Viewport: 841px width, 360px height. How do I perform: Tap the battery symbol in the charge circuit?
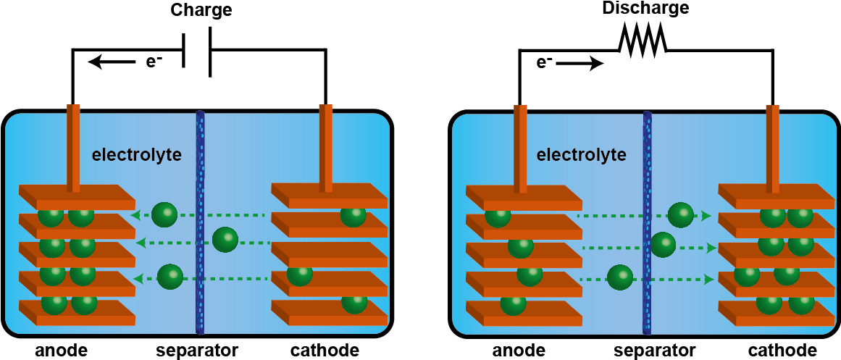coord(197,51)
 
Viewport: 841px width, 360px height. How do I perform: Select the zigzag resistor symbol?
coord(642,40)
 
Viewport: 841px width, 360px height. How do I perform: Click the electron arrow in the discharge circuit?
coord(580,64)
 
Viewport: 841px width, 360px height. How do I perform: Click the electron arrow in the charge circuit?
coord(111,63)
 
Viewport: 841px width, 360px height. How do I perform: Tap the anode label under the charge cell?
coord(61,351)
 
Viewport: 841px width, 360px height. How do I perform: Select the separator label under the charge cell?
coord(197,351)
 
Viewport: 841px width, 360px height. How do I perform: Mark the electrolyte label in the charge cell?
coord(136,156)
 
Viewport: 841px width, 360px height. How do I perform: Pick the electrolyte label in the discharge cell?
coord(582,156)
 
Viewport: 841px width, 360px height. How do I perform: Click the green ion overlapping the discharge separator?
coord(663,246)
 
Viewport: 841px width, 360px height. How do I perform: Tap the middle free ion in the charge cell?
coord(225,240)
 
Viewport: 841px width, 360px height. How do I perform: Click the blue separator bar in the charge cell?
coord(201,222)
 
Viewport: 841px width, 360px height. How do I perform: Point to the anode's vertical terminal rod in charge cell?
coord(73,148)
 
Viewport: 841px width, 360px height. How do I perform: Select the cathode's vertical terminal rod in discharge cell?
coord(773,148)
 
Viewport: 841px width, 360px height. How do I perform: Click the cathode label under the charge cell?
coord(325,351)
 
